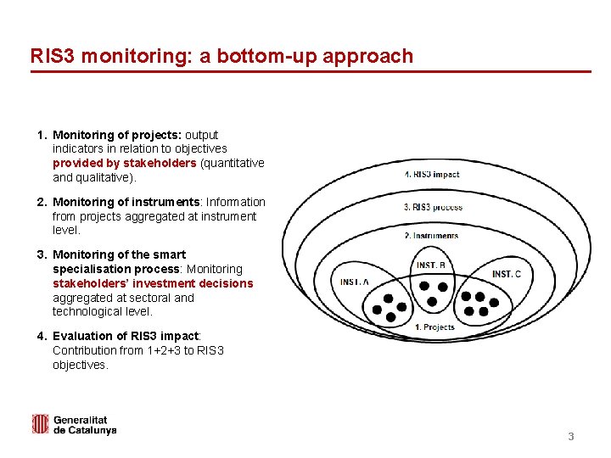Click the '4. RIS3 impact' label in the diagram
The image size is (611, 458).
432,174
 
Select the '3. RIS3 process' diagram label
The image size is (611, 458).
433,207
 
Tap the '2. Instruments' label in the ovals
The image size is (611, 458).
431,236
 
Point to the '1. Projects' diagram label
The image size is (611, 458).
434,327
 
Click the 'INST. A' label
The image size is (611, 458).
355,282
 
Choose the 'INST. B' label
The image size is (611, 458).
431,265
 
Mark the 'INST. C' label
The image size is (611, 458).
507,274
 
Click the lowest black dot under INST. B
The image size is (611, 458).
431,302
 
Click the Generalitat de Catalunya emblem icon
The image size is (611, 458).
40,424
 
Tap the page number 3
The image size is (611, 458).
571,437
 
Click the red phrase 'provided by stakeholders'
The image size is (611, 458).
124,163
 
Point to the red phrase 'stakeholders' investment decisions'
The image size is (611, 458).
153,283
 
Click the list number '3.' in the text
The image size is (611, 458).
42,254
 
